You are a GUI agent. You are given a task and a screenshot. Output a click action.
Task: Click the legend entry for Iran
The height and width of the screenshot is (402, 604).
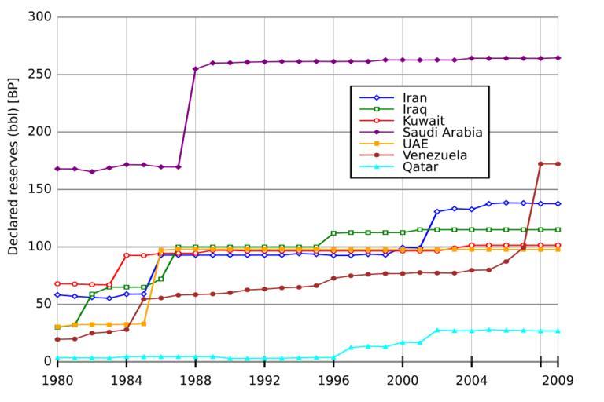click(418, 98)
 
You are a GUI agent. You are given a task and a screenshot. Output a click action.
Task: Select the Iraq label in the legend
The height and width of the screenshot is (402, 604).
click(418, 109)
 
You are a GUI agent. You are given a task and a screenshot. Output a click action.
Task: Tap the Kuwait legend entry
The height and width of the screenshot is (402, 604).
click(424, 121)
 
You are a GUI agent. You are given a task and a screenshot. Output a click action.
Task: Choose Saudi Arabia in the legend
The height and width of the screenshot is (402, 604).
click(442, 133)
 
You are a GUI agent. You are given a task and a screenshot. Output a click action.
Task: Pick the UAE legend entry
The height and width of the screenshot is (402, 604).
click(415, 144)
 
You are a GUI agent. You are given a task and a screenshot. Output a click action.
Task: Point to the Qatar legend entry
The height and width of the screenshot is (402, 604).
click(420, 167)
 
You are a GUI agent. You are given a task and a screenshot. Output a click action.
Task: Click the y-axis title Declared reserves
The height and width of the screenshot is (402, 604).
click(13, 188)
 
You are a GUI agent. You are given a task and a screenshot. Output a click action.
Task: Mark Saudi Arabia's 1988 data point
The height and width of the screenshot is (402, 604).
click(196, 69)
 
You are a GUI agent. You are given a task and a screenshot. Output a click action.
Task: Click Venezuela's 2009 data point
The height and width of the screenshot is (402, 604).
click(558, 164)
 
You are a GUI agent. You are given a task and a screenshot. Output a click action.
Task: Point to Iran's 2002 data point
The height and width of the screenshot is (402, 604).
click(437, 212)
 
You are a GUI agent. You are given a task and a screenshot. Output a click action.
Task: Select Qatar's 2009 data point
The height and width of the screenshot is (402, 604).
click(558, 331)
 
